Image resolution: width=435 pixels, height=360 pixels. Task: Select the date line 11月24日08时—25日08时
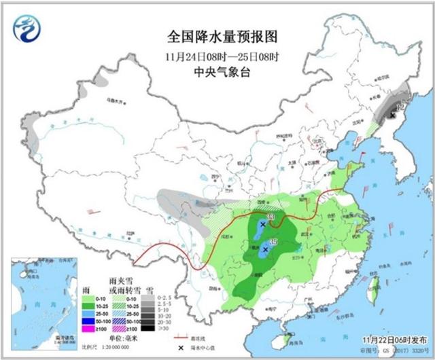tap(217, 55)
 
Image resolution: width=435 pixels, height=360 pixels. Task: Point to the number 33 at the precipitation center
tap(272, 217)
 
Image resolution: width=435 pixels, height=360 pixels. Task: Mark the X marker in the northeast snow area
tap(392, 116)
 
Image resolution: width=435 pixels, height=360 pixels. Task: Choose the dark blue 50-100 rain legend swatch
tap(87, 319)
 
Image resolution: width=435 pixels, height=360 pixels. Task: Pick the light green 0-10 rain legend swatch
tap(87, 297)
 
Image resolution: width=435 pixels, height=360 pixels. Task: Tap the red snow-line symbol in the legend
tap(181, 337)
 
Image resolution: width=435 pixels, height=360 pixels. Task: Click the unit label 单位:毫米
tap(123, 337)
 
